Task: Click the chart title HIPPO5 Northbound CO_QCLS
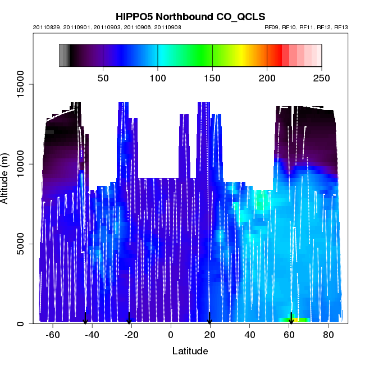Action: click(190, 17)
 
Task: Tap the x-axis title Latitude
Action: click(190, 351)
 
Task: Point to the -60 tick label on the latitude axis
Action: click(53, 335)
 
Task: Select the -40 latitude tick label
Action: click(92, 335)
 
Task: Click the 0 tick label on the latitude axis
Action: click(171, 335)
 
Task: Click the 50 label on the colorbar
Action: click(103, 77)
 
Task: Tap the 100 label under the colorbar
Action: click(158, 77)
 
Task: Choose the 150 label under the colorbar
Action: click(212, 77)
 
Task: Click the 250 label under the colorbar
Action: click(321, 77)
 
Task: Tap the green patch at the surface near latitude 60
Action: click(294, 320)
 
